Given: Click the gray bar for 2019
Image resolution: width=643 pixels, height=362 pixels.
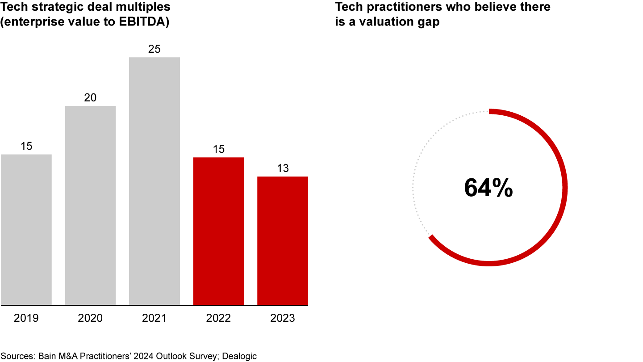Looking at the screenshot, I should (26, 230).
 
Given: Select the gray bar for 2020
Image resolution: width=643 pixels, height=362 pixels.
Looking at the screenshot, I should (90, 206).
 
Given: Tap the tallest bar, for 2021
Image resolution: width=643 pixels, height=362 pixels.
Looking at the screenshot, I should (154, 181).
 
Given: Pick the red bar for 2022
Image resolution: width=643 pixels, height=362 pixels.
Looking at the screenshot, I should (218, 231).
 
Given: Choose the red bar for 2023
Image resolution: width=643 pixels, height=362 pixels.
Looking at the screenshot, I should (283, 241).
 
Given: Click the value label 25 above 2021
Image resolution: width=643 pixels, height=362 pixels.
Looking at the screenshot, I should (154, 49).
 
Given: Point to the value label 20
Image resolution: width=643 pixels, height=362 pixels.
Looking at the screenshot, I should (90, 97).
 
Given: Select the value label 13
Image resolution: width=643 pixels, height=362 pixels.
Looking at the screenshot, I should (283, 168).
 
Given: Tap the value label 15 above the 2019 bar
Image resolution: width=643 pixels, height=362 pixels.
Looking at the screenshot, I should (26, 146).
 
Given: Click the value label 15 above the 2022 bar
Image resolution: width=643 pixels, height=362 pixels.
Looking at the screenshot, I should (218, 149).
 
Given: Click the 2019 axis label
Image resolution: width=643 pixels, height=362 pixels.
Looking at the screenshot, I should (26, 318).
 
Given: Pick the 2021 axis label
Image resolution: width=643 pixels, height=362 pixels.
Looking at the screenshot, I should (154, 318).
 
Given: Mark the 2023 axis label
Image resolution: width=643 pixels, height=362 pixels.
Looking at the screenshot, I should (283, 318).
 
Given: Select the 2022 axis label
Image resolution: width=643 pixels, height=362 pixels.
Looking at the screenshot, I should (218, 318).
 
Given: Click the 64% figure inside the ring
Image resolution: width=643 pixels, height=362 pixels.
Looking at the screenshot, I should (489, 188).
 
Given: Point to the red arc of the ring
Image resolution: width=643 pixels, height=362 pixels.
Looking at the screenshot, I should (564, 188).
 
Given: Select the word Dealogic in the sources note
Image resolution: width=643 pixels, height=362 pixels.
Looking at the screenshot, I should (239, 356).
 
